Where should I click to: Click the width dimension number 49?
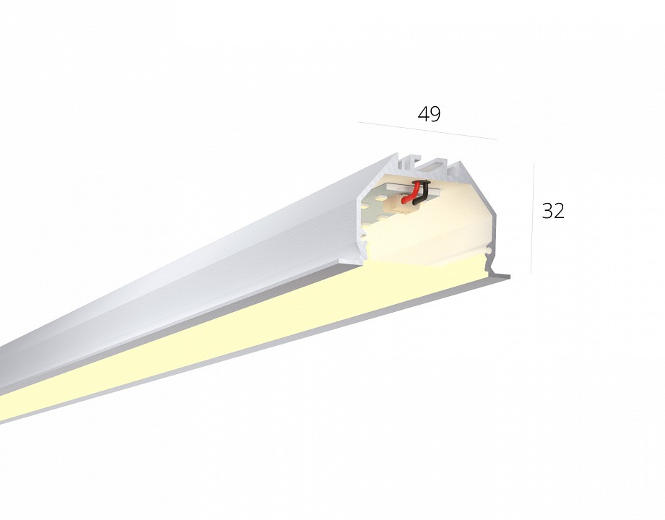[x=429, y=113]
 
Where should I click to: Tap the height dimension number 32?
[x=553, y=211]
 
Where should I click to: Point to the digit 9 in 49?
[x=435, y=113]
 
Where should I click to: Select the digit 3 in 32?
[x=547, y=211]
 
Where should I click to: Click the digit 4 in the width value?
[x=423, y=113]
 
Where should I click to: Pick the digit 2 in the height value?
[x=559, y=211]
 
